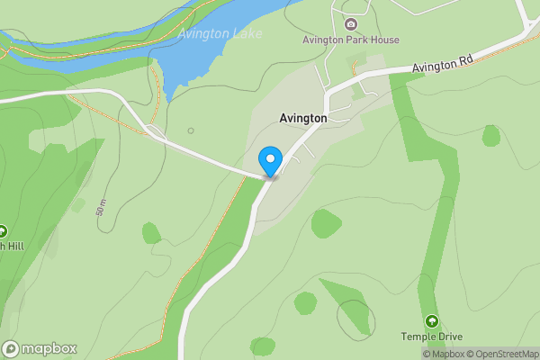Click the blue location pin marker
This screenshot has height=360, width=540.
[x=269, y=161]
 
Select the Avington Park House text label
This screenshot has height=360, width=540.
[x=350, y=40]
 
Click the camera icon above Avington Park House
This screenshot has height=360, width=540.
[x=350, y=23]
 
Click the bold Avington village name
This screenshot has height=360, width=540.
[x=302, y=118]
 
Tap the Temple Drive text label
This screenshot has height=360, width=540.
[x=431, y=337]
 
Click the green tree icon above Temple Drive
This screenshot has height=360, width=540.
[x=431, y=321]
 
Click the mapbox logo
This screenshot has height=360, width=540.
[x=40, y=348]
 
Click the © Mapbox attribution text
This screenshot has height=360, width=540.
[x=442, y=354]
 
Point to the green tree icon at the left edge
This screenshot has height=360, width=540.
[x=3, y=230]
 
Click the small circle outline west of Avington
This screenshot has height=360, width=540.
[x=190, y=130]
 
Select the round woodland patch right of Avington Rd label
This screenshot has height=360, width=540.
[x=490, y=136]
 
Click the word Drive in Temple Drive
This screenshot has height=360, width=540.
[x=447, y=337]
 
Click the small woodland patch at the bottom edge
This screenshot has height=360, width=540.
[x=263, y=347]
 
